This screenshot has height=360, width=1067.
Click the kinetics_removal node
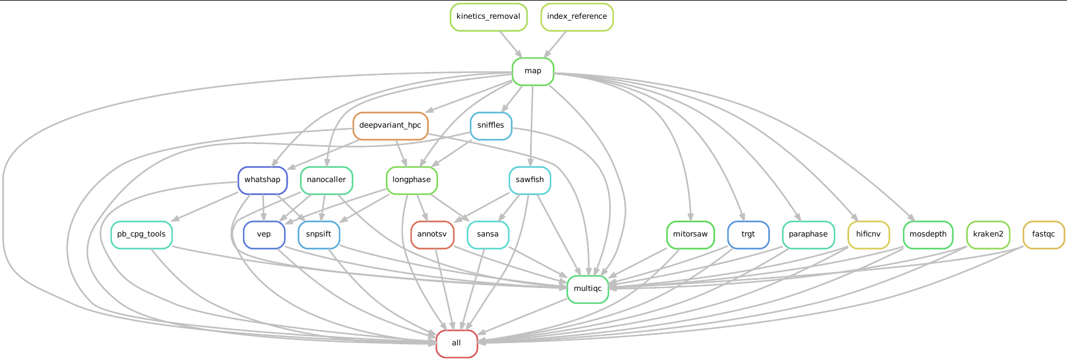pos(488,17)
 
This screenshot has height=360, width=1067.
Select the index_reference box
pos(577,17)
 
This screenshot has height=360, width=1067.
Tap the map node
pos(533,71)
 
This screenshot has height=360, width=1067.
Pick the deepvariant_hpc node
pos(390,126)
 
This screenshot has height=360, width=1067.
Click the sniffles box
pos(491,126)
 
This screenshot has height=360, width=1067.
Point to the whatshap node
pos(262,180)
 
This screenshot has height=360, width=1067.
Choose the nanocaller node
pos(326,180)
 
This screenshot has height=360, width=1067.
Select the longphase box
pos(412,180)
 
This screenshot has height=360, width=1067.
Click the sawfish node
pos(530,180)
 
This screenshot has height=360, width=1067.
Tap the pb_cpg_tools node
pos(141,235)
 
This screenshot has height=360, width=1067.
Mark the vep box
pos(264,235)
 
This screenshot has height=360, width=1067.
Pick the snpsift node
pos(319,235)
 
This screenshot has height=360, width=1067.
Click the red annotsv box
pos(432,235)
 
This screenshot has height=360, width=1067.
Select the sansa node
pos(488,235)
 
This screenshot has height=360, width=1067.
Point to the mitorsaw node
pos(690,235)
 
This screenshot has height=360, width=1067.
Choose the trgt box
pos(748,235)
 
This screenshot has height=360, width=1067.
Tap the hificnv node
pos(868,235)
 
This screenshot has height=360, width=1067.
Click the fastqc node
pos(1044,235)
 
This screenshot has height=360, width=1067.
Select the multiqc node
pos(588,289)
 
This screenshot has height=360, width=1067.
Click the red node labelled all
pos(457,344)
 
